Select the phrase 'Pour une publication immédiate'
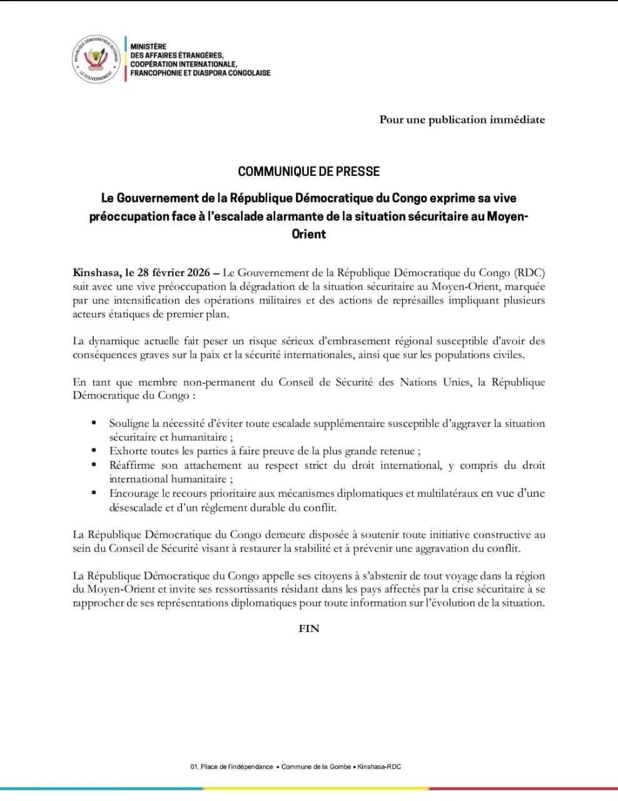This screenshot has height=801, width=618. [462, 120]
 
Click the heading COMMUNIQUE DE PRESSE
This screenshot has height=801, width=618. [308, 171]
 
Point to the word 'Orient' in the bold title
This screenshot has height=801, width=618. [309, 234]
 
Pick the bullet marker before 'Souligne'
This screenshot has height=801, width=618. [94, 424]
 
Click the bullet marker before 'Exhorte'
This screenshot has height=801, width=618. [94, 451]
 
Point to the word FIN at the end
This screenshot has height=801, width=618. [309, 628]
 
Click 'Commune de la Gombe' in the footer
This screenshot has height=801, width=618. [317, 767]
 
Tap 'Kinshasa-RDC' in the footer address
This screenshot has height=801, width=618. [379, 767]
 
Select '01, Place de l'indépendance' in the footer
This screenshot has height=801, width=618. [231, 767]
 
